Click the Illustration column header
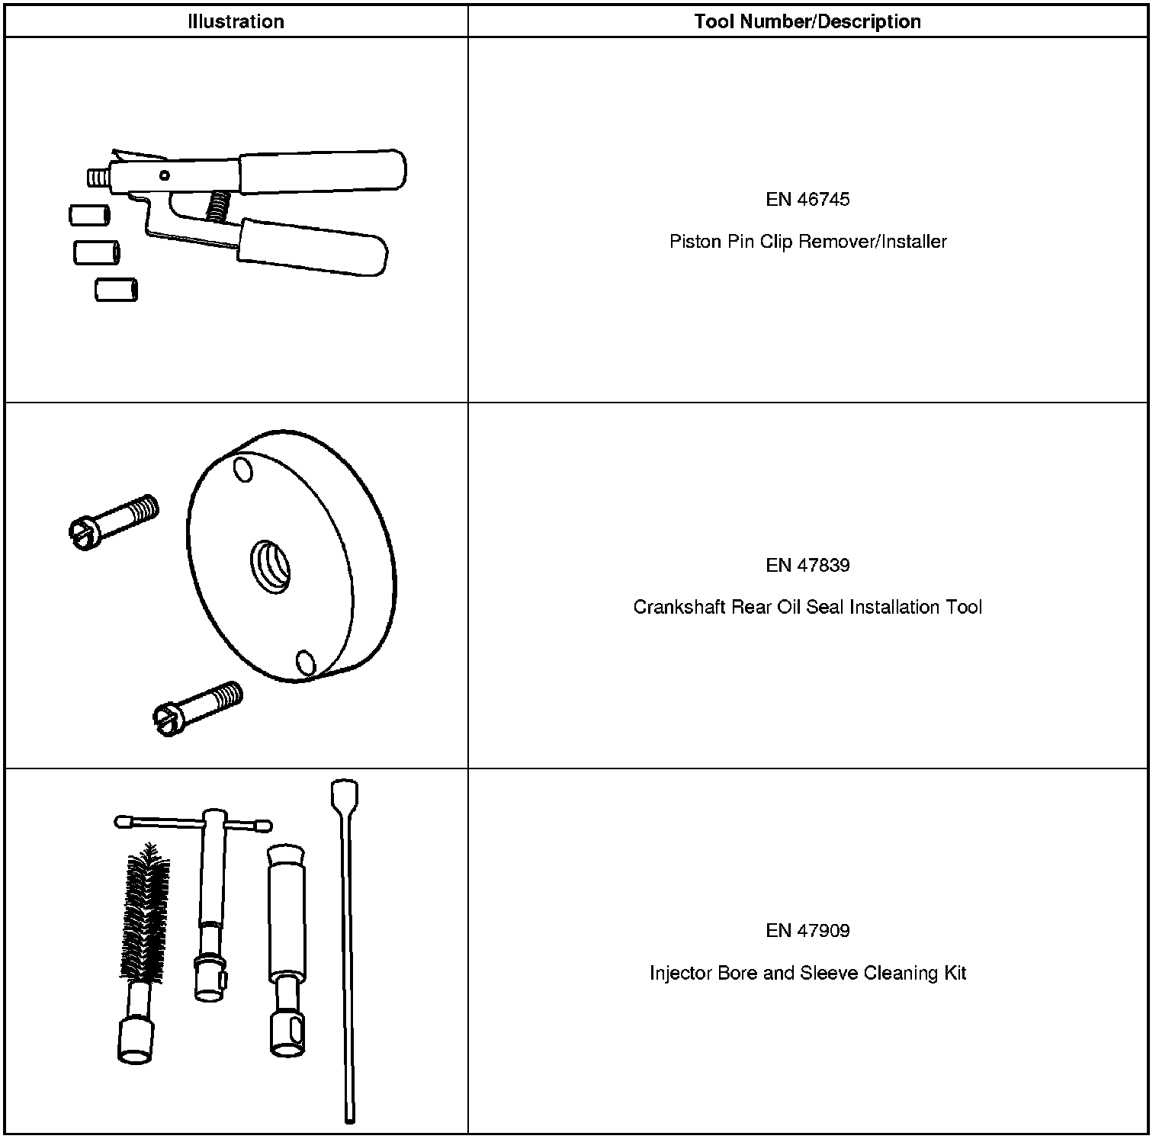(236, 21)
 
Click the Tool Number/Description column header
(807, 21)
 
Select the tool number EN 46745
(807, 200)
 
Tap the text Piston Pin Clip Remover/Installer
(807, 242)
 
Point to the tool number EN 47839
(807, 565)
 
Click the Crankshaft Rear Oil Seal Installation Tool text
(807, 607)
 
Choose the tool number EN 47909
(807, 930)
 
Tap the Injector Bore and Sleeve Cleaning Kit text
(807, 973)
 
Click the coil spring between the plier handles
(218, 206)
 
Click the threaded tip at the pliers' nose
(96, 180)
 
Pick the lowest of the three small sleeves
(116, 290)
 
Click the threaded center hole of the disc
(271, 566)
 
